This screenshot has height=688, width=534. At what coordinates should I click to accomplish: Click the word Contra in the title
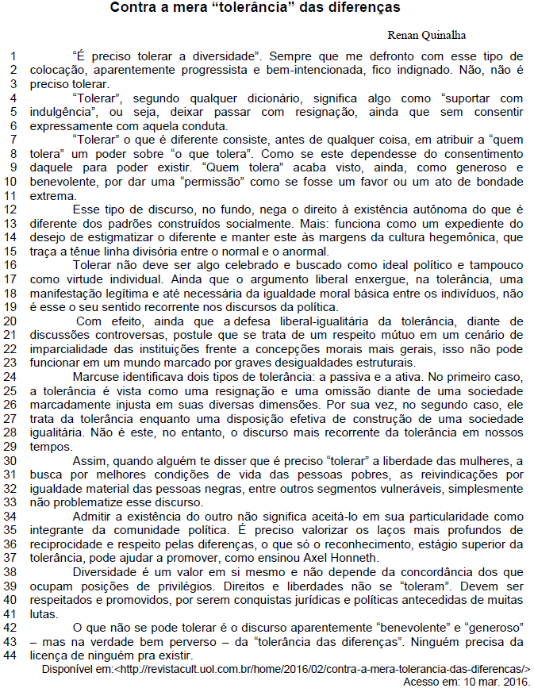pyautogui.click(x=133, y=9)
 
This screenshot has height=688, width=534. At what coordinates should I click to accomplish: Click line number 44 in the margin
pyautogui.click(x=11, y=655)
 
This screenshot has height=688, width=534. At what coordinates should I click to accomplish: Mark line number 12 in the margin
pyautogui.click(x=11, y=209)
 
